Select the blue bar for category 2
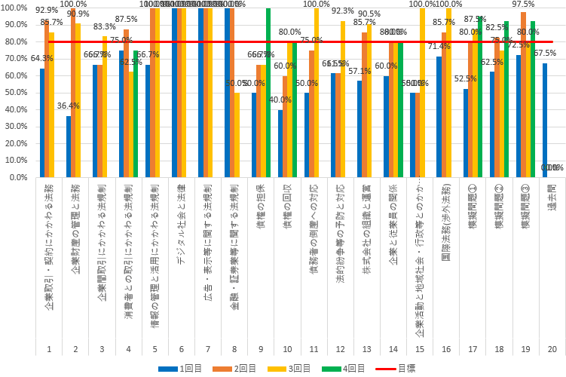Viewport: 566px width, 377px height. pyautogui.click(x=69, y=147)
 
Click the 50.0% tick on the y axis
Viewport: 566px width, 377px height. pyautogui.click(x=14, y=93)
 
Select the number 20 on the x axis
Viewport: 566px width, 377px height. pyautogui.click(x=552, y=349)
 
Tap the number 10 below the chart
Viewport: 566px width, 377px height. pyautogui.click(x=287, y=349)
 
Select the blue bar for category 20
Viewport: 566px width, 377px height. pyautogui.click(x=545, y=121)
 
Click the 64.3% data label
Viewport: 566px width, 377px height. pyautogui.click(x=41, y=59)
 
